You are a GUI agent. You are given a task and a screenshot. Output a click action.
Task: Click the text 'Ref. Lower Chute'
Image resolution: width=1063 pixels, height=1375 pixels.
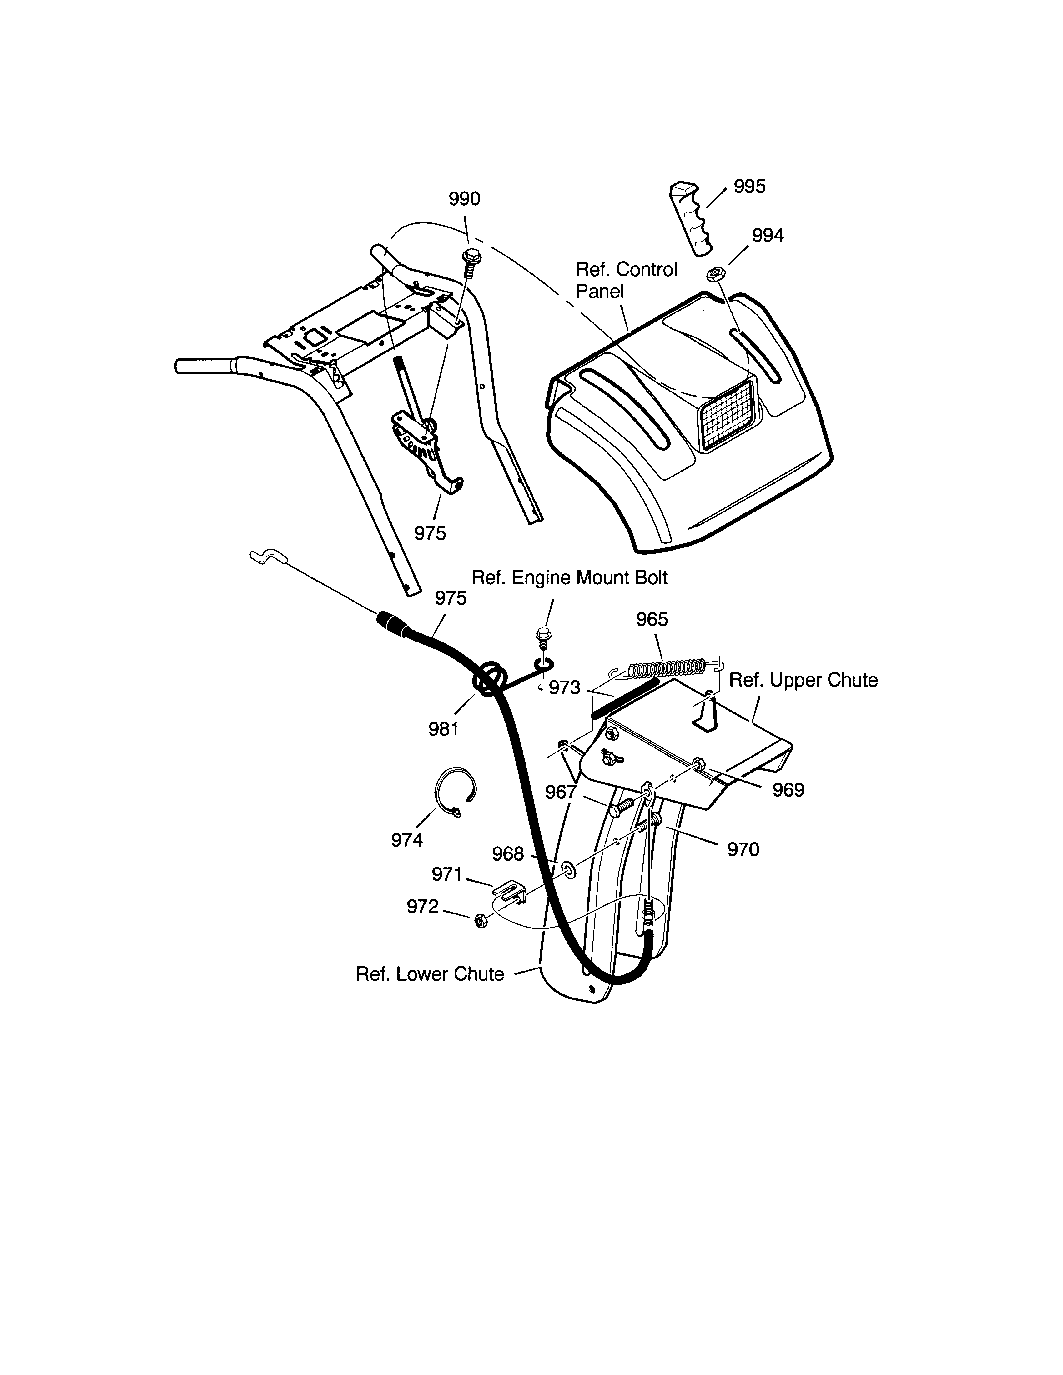click(x=430, y=974)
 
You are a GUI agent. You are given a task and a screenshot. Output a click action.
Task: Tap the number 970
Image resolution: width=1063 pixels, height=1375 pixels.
click(x=743, y=850)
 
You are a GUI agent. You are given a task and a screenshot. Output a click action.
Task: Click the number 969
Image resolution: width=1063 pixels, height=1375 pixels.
click(x=788, y=789)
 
